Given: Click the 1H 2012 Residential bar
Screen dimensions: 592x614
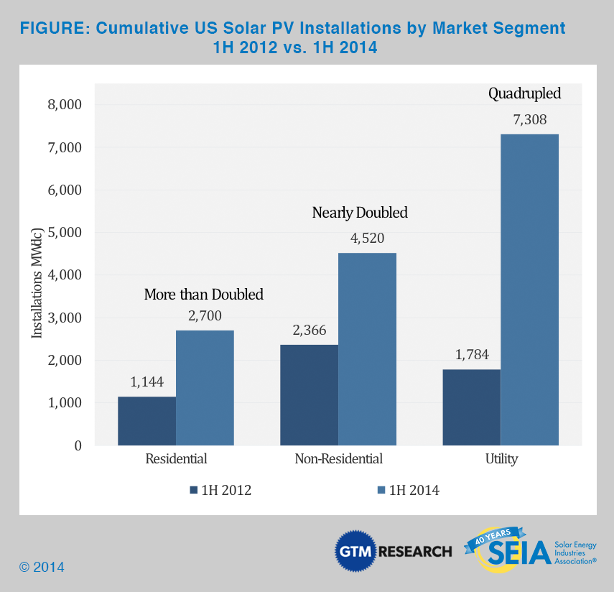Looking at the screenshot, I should pyautogui.click(x=146, y=421).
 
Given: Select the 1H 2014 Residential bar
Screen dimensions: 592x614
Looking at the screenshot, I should pyautogui.click(x=205, y=388).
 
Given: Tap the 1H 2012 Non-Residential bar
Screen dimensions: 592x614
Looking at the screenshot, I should pyautogui.click(x=309, y=395).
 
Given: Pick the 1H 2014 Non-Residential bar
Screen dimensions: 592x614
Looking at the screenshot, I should pyautogui.click(x=367, y=349).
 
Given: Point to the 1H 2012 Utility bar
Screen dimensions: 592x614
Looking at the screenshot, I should pyautogui.click(x=472, y=407).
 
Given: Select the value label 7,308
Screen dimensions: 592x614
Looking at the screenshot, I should pyautogui.click(x=530, y=120).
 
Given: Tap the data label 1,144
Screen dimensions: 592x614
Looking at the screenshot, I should pyautogui.click(x=147, y=382).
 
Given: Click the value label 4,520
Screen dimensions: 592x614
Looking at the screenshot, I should pyautogui.click(x=366, y=239).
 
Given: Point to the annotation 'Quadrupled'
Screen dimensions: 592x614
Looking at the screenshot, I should pyautogui.click(x=524, y=93).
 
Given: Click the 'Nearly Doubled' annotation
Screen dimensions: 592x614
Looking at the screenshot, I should pyautogui.click(x=360, y=213).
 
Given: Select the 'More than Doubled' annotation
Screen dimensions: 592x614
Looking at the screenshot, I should pyautogui.click(x=204, y=295).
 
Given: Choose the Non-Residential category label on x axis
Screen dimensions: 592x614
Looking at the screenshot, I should pyautogui.click(x=338, y=459).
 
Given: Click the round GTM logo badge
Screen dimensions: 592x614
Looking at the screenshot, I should pyautogui.click(x=355, y=552).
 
